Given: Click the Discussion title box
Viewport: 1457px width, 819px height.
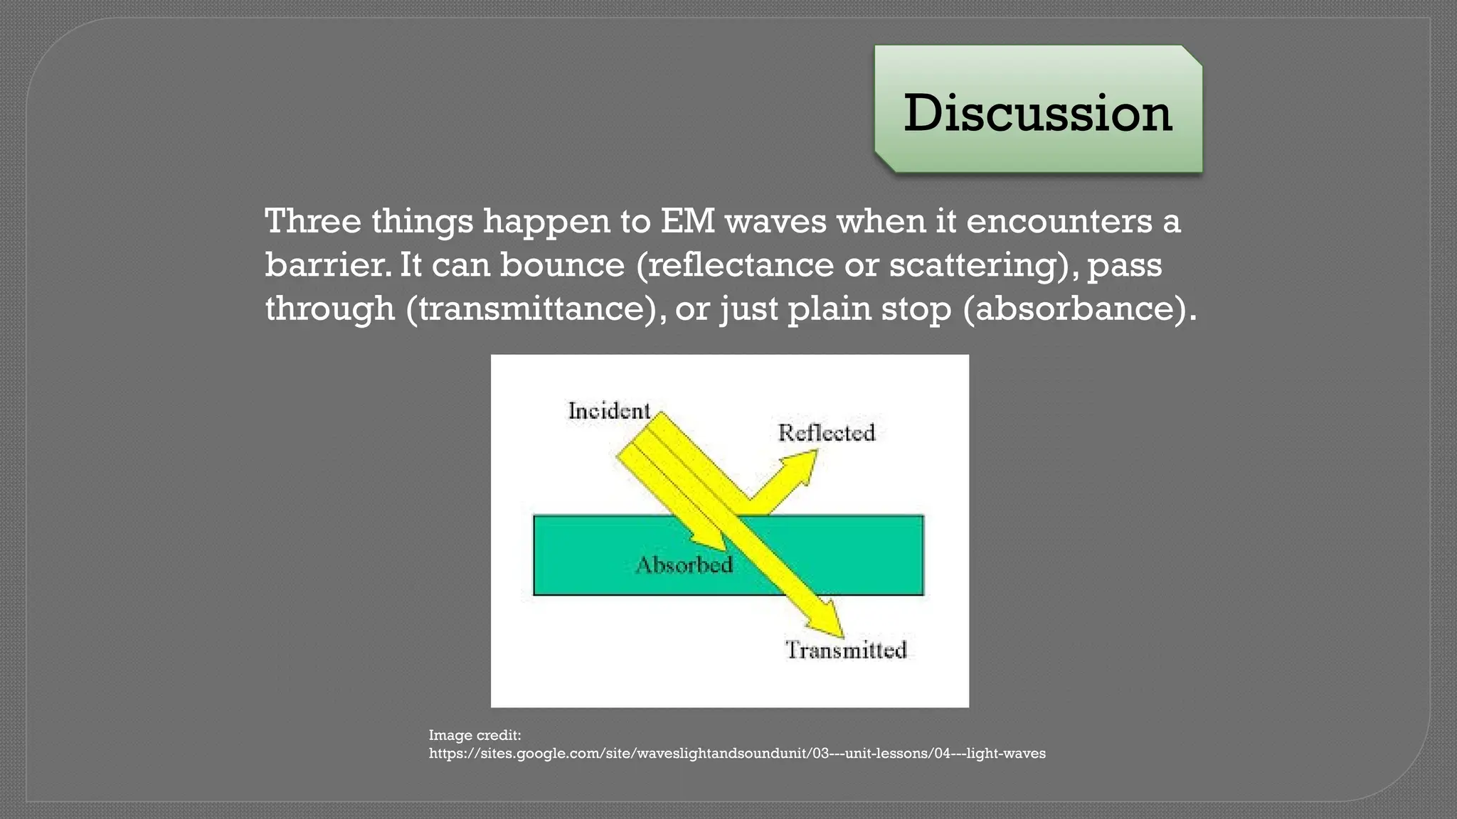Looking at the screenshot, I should click(1038, 110).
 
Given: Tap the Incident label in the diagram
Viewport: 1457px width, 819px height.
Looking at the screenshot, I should click(609, 411).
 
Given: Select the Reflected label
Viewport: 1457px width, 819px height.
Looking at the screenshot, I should click(826, 432).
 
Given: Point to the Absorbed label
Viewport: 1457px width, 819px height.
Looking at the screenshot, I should click(684, 565).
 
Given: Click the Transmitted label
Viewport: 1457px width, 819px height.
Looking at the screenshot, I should click(846, 650).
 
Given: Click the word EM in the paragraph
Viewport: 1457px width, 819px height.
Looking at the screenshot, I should click(687, 221).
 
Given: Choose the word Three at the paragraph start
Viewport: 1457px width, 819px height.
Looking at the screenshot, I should click(312, 221).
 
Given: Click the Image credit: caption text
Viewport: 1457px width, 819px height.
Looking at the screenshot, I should click(475, 735).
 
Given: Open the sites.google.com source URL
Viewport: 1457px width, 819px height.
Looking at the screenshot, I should click(736, 754).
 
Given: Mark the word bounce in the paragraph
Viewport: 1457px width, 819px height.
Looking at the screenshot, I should click(562, 265).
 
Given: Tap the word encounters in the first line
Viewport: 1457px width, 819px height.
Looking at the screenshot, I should click(1059, 221).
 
